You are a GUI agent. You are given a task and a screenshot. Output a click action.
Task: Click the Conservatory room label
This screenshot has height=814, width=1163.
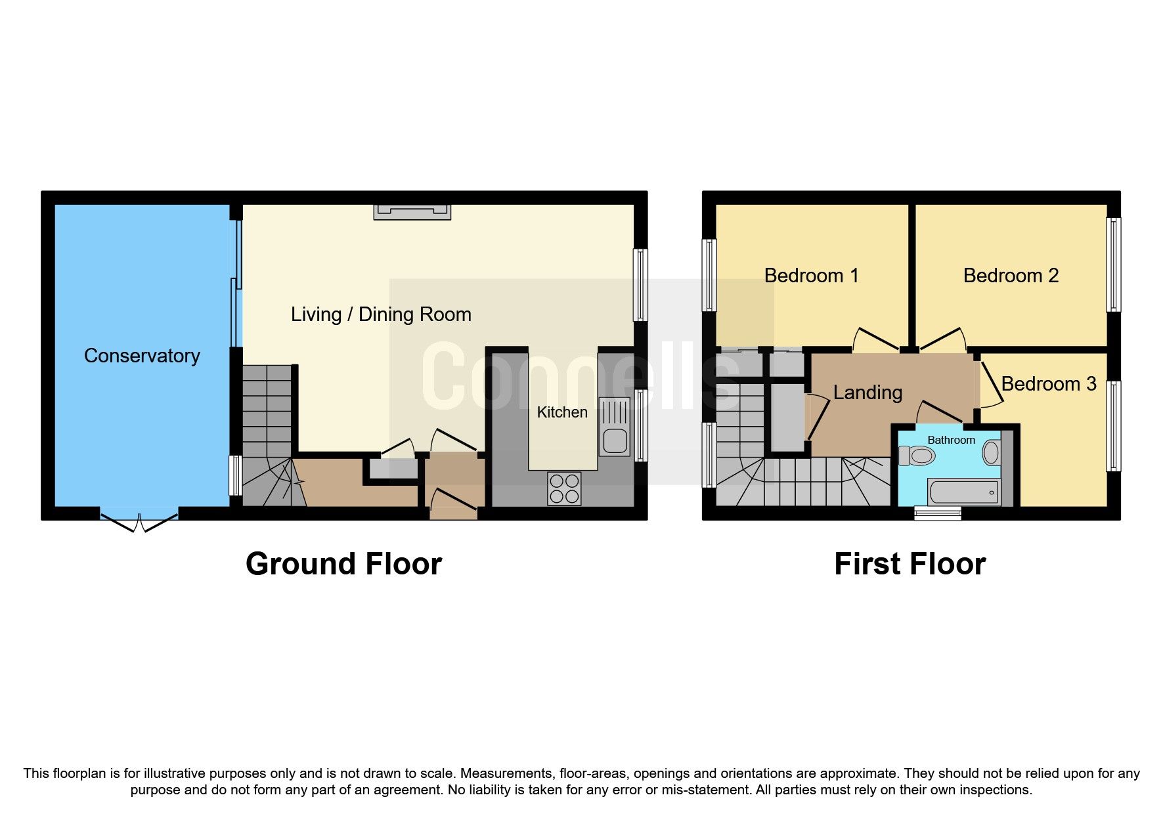[142, 356]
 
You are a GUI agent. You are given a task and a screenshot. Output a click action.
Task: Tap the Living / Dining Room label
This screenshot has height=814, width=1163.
[381, 314]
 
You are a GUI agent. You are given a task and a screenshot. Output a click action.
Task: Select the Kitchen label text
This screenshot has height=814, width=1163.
[562, 412]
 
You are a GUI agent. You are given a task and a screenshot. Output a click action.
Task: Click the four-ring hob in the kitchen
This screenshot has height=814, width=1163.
[564, 488]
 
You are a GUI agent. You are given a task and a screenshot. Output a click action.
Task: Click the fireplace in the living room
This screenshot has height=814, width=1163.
[412, 211]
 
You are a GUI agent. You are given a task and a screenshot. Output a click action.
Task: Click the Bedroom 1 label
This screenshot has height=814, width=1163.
[811, 276]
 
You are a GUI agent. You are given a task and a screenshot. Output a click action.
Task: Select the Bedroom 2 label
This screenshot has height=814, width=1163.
[1011, 276]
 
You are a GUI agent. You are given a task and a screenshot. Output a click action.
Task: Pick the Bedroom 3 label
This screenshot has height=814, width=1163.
[1049, 384]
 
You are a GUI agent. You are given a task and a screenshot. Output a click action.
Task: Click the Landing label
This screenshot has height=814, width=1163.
[867, 393]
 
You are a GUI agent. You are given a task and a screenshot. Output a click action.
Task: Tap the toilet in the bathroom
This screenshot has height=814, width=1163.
[917, 455]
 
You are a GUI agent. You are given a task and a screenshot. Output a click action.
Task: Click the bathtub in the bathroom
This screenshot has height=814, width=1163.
[963, 492]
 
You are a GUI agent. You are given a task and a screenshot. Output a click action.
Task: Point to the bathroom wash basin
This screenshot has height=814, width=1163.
[991, 452]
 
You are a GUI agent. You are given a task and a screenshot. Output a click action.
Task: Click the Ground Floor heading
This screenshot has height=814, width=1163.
[343, 564]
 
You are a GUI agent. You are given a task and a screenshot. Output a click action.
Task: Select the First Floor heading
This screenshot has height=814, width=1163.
[910, 564]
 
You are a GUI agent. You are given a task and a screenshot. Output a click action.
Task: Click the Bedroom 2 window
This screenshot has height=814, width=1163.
[1113, 264]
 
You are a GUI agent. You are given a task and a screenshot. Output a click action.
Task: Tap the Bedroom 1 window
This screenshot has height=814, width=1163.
[709, 274]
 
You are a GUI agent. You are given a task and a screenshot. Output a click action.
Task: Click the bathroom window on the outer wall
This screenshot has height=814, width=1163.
[938, 513]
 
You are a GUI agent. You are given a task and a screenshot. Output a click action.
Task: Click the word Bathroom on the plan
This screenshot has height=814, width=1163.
[951, 440]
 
